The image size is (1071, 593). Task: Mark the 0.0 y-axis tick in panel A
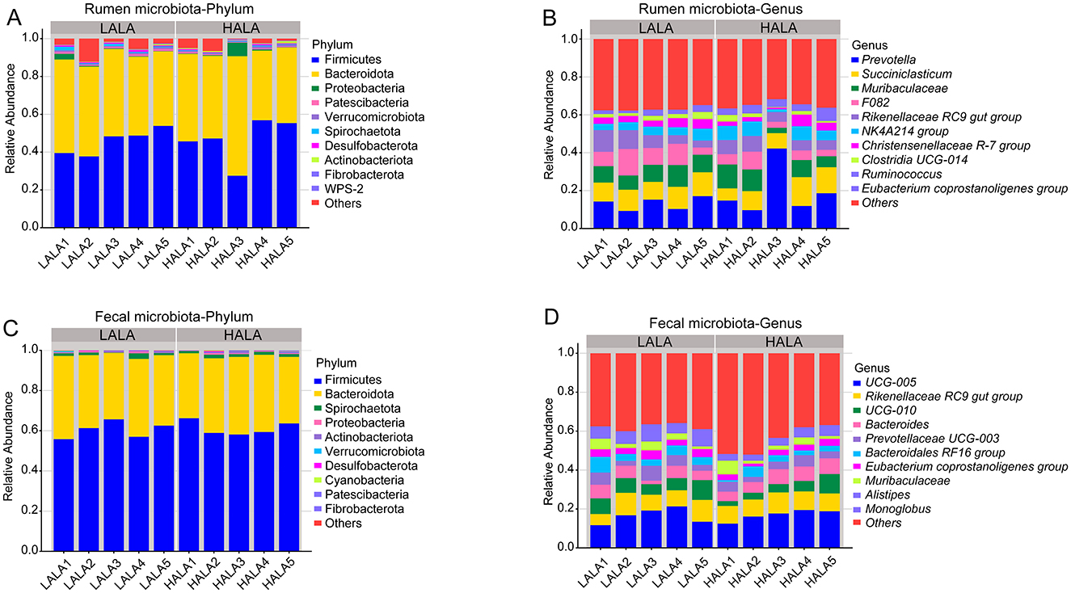click(x=33, y=228)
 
